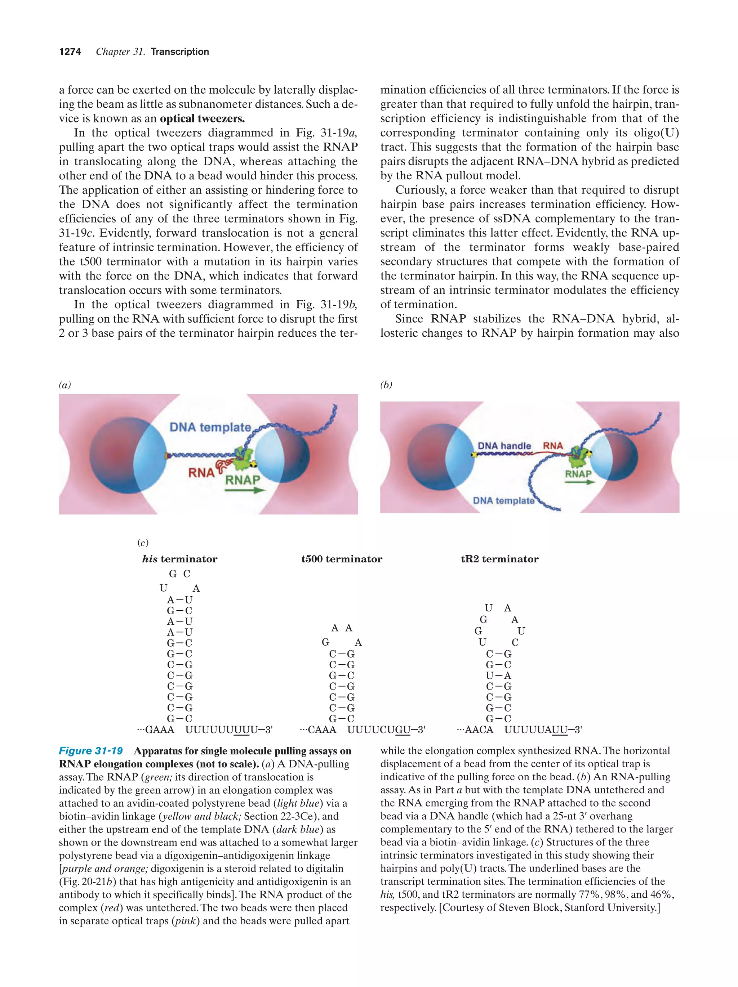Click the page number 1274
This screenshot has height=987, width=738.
(x=70, y=52)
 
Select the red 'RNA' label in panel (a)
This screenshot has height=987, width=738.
(x=201, y=472)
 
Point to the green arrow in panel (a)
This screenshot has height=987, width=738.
(x=245, y=490)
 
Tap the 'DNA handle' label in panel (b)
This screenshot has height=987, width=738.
(x=504, y=446)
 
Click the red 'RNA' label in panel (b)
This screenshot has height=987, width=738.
(x=553, y=445)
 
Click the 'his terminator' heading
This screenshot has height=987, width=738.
(x=179, y=559)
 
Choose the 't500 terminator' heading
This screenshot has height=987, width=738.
(x=342, y=559)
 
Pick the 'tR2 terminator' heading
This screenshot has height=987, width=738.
(x=499, y=559)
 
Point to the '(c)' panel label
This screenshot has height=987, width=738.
(x=143, y=543)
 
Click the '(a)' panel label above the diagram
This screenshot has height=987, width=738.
(x=65, y=385)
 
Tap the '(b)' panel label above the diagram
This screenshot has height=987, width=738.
(x=386, y=385)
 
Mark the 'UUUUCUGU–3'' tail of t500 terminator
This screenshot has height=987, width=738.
(x=386, y=730)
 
